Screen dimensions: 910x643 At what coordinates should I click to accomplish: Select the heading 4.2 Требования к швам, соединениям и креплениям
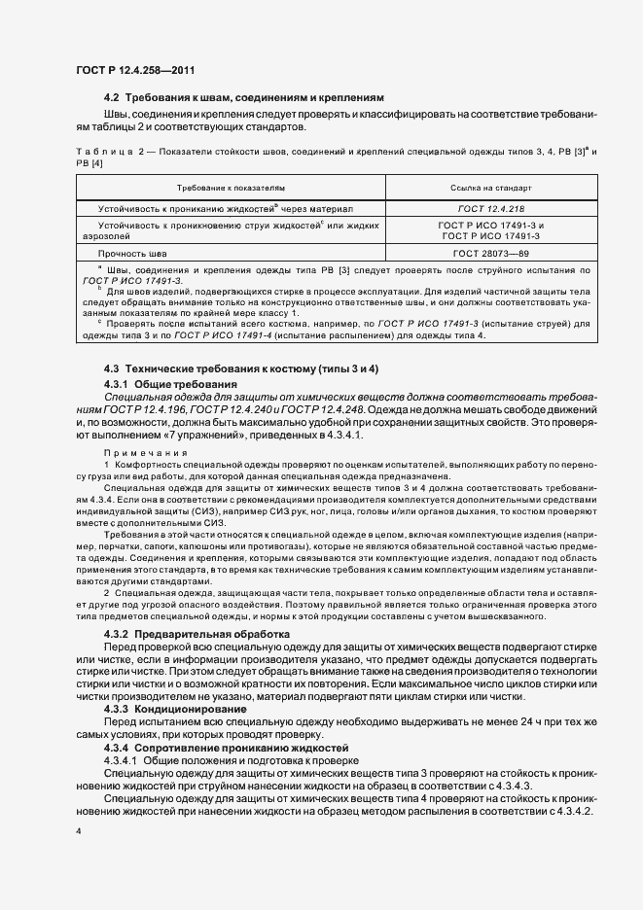pyautogui.click(x=244, y=97)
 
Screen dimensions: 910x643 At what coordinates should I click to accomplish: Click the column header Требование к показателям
pyautogui.click(x=218, y=186)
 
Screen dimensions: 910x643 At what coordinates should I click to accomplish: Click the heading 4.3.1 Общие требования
pyautogui.click(x=163, y=385)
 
